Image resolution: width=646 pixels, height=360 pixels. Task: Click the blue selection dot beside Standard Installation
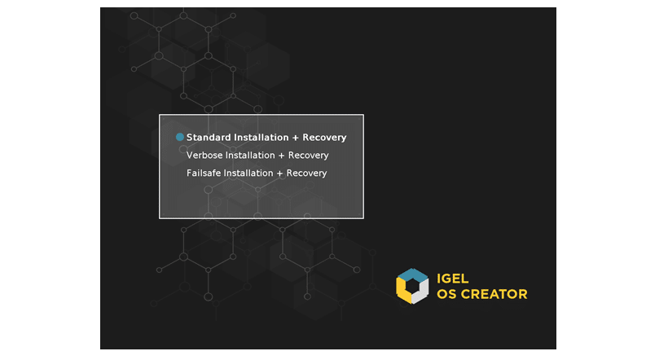coord(180,137)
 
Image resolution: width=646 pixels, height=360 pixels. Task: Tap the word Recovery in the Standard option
coord(324,138)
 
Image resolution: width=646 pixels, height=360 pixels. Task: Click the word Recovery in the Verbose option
coord(308,156)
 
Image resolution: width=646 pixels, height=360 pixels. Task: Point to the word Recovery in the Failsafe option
coord(306,173)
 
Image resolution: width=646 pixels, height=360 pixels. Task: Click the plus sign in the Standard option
coord(296,138)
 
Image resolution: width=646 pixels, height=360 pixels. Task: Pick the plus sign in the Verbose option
coord(281,156)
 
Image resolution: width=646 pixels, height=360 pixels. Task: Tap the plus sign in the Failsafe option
coord(279,173)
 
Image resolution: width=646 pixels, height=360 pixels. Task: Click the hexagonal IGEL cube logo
coord(412,286)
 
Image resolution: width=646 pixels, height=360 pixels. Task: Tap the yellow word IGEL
coord(452,279)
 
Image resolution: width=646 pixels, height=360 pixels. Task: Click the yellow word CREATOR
coord(494,294)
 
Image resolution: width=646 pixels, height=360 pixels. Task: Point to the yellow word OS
coord(446,294)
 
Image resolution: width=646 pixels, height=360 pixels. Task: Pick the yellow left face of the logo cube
coord(402,292)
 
